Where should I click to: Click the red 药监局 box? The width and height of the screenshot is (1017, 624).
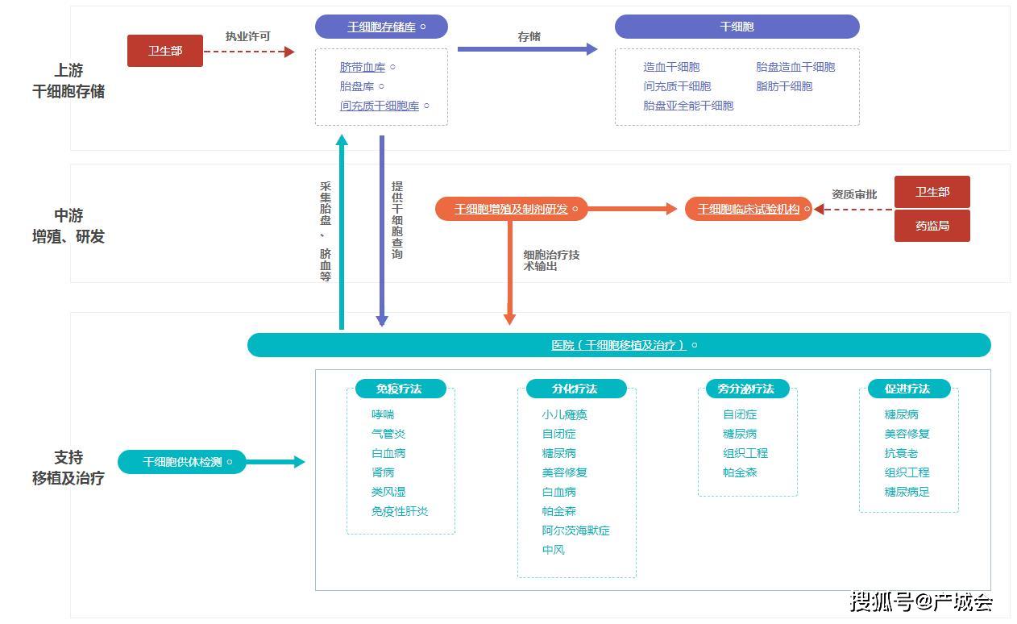point(932,226)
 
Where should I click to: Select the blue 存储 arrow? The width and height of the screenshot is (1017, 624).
point(527,49)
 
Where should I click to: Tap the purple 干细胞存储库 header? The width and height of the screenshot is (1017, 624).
point(381,27)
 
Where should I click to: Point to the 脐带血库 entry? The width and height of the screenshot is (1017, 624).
point(363,67)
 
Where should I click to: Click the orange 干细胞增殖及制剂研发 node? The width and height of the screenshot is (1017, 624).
point(511,209)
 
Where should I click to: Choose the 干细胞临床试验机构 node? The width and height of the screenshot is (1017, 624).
point(749,209)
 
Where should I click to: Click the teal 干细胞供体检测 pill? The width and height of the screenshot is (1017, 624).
point(182,462)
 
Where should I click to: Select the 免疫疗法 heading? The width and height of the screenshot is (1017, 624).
point(399,389)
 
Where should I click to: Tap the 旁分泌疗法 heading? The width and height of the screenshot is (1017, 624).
point(745,389)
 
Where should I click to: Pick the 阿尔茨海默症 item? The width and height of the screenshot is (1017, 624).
point(575,530)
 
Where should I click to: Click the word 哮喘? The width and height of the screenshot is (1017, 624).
point(383,414)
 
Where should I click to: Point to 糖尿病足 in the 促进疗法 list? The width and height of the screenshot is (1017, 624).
point(907,492)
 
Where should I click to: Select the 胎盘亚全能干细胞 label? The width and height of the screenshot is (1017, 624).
point(688,106)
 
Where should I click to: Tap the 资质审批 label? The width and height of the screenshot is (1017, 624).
point(854,194)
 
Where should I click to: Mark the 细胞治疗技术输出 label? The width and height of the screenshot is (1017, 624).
point(551,260)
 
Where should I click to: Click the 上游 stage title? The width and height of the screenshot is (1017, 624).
point(68,71)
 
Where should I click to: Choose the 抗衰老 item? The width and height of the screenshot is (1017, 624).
point(901,453)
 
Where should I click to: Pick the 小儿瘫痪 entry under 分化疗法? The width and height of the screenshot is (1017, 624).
point(564,414)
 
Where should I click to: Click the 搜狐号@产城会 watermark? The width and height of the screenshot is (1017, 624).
point(921,601)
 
